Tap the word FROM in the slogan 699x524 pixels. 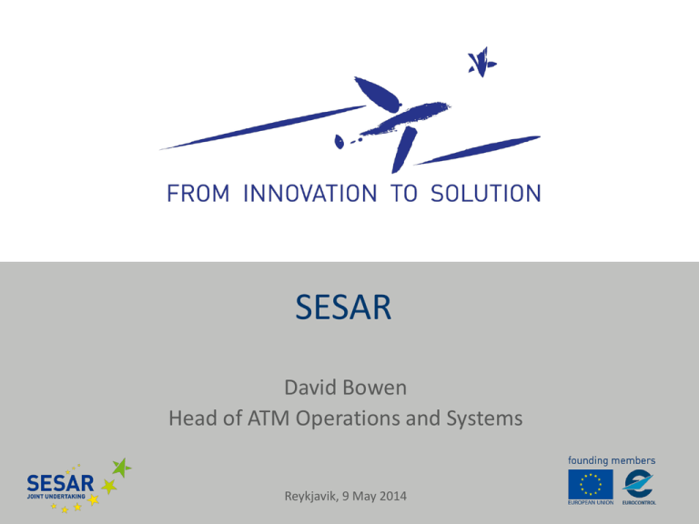click(x=196, y=193)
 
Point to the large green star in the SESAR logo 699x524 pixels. click(x=120, y=470)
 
